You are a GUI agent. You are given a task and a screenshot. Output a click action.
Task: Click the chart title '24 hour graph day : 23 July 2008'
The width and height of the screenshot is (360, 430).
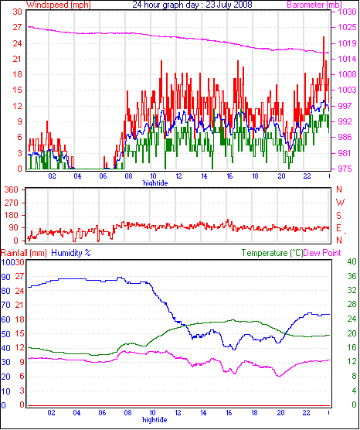192,5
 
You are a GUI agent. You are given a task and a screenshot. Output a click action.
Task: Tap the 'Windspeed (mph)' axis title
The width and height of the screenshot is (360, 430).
59,5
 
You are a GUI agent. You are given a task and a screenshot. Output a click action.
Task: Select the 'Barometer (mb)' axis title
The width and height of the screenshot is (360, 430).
314,5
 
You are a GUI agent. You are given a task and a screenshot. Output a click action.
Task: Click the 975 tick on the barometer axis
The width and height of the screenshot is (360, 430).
347,169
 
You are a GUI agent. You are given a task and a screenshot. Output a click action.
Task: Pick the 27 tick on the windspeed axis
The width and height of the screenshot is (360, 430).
17,27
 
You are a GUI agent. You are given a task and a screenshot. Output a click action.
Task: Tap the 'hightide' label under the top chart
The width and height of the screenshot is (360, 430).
155,183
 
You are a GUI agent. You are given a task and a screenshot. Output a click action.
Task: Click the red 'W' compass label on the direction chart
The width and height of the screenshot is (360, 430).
340,203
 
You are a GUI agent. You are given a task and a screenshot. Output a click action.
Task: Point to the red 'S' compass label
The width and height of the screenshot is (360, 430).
339,216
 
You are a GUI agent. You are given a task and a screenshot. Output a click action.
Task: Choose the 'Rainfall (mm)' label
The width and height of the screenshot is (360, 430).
23,253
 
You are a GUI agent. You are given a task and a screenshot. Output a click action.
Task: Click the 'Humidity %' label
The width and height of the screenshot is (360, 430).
71,253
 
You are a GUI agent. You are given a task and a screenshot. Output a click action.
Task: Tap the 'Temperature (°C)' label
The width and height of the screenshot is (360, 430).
273,253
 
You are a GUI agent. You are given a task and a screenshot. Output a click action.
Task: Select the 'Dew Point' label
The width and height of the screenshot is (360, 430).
322,253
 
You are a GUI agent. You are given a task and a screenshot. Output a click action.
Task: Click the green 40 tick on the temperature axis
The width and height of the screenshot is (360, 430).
352,262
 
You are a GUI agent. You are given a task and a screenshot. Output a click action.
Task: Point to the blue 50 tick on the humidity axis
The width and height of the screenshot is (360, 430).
5,335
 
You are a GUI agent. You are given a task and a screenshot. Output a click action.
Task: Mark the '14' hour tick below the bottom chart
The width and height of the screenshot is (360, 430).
203,413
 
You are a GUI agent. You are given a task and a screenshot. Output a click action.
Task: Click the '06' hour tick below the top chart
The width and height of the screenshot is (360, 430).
103,176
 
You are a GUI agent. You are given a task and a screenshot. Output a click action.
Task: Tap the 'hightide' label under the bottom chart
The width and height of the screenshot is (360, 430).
155,420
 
